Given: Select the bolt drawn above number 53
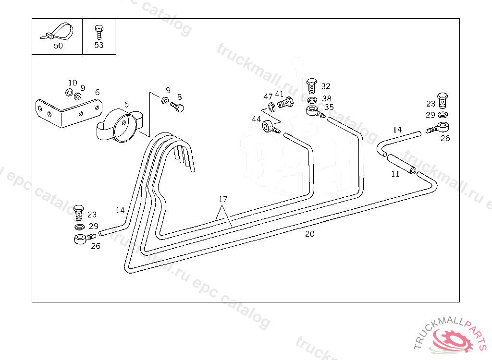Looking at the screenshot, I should (98, 32).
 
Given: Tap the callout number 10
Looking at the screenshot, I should (72, 83).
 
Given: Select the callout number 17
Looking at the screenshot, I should (222, 199).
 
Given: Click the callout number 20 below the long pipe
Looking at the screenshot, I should (310, 234).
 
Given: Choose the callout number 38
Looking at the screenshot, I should (327, 99).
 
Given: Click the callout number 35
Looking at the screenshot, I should (329, 108).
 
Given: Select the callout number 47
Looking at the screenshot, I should (268, 96).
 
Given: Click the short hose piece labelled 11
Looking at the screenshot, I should (401, 163).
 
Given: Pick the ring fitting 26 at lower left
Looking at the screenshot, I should (81, 238).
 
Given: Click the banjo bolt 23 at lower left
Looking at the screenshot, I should (78, 211).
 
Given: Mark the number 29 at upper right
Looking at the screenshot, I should (430, 115).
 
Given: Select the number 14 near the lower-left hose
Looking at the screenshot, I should (120, 210).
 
